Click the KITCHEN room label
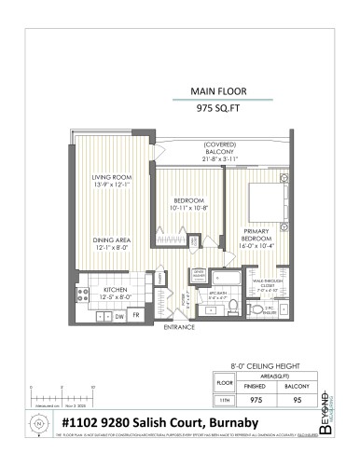point(116,291)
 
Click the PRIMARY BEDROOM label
point(257,234)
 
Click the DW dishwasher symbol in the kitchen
point(119,317)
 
